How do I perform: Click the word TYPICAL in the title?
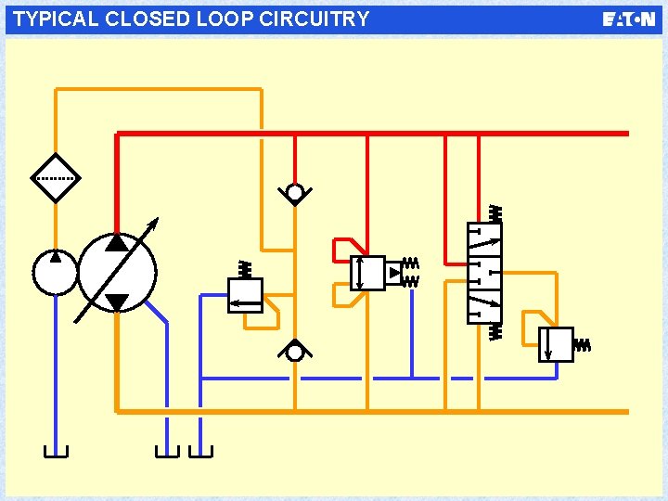(x=55, y=19)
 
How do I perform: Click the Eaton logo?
(x=628, y=19)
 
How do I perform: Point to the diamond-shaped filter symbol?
(x=55, y=177)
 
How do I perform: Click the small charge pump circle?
(x=55, y=271)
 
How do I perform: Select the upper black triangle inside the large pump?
(x=117, y=243)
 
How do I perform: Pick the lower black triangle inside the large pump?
(x=117, y=302)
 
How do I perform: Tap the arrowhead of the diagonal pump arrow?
(x=154, y=224)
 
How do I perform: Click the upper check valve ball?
(x=295, y=193)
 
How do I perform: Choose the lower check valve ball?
(x=295, y=352)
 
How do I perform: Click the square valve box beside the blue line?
(x=246, y=295)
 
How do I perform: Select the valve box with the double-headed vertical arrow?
(x=367, y=273)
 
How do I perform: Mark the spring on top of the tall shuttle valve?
(x=495, y=213)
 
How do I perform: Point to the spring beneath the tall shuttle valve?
(x=495, y=331)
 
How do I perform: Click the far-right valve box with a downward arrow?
(x=556, y=343)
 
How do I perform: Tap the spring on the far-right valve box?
(x=583, y=345)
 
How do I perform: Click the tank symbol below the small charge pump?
(x=55, y=452)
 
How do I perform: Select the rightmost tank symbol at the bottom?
(x=200, y=452)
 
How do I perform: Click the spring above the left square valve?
(x=245, y=269)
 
